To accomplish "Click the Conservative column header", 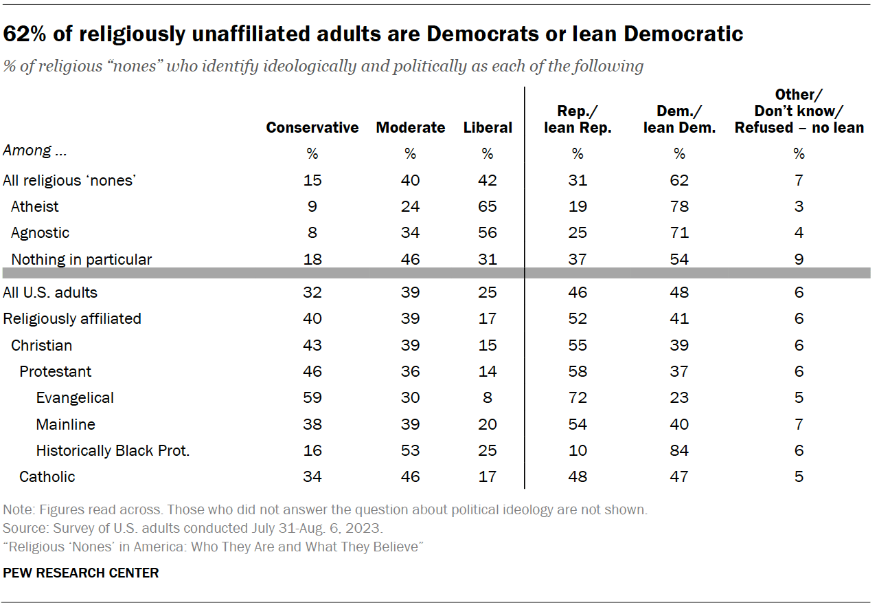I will tap(312, 127).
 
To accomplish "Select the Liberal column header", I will tap(488, 127).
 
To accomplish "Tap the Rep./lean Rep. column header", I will tap(578, 119).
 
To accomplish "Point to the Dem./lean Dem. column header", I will tap(679, 119).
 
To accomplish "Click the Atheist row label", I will tap(35, 206).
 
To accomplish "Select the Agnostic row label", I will tap(40, 232).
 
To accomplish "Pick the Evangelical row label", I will tap(75, 397).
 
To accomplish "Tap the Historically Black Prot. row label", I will tap(113, 450).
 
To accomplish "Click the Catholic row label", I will tap(47, 476).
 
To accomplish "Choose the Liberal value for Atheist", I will tap(488, 206).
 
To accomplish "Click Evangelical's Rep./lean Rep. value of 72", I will tap(578, 397).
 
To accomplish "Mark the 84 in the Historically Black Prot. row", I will tap(679, 450).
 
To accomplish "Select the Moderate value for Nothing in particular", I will tap(411, 259).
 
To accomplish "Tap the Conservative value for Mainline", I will tap(312, 424).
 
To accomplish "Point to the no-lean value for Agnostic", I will tap(799, 232).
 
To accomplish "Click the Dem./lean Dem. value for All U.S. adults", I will tap(679, 292).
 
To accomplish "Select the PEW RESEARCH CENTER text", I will tap(81, 573).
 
